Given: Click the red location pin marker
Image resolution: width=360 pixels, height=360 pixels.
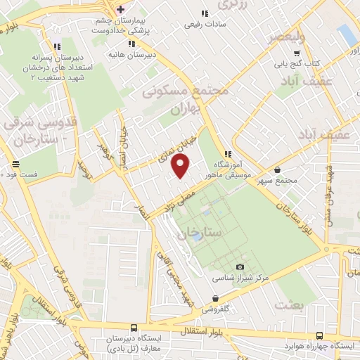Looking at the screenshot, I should point(181,167).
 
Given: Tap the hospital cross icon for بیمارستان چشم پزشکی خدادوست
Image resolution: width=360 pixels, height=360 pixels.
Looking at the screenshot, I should point(122,9).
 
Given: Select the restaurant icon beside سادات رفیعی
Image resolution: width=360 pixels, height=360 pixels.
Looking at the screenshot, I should point(205,13).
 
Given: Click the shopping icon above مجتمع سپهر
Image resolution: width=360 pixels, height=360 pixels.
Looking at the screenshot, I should point(278,169).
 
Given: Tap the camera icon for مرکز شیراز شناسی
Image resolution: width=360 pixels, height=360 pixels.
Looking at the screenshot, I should point(240,266).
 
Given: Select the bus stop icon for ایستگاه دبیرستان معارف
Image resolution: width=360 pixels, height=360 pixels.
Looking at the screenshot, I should point(134,327).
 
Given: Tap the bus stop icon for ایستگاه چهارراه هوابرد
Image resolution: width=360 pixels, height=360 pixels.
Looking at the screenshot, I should point(320,335).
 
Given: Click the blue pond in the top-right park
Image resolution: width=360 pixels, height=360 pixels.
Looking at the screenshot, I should point(347,34).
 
